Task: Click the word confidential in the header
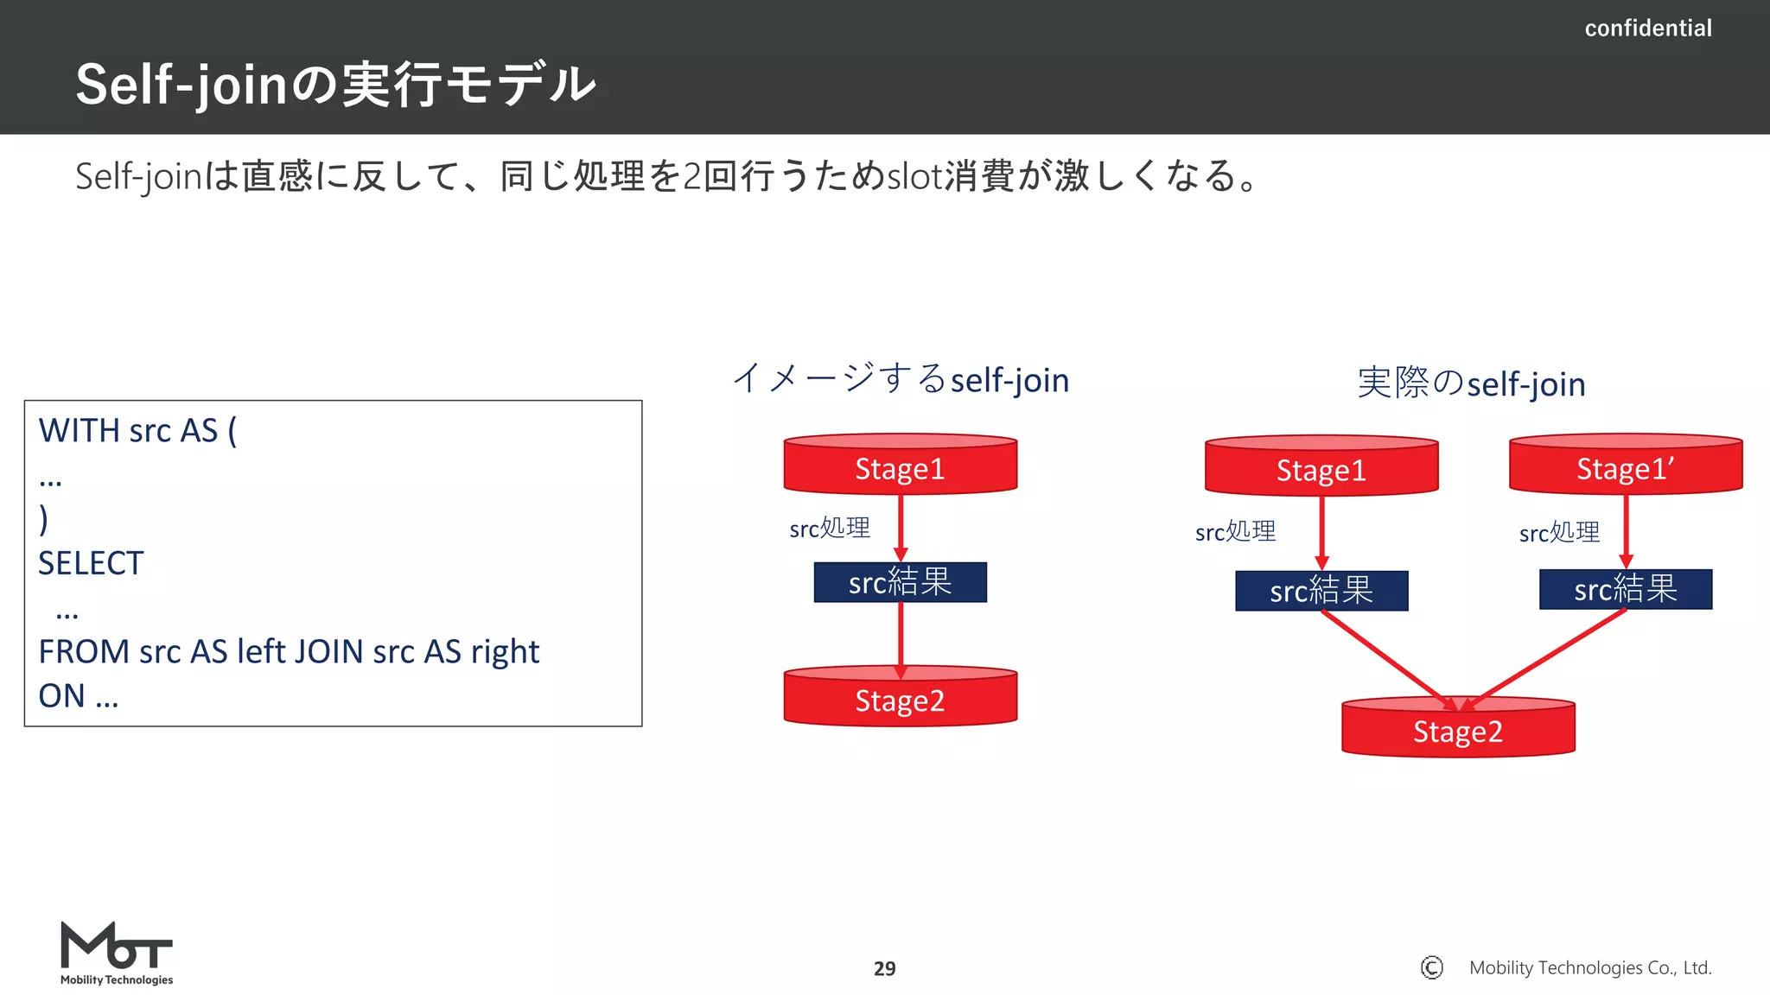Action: [1647, 29]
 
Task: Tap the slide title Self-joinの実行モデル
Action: [335, 85]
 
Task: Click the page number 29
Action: [884, 968]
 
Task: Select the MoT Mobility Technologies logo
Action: [117, 953]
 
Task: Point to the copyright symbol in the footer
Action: [1431, 967]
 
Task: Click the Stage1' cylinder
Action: [1625, 466]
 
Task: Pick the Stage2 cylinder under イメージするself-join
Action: [900, 698]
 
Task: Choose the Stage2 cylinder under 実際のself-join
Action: [1458, 730]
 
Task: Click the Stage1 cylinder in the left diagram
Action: [900, 466]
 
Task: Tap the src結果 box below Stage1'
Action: [1625, 589]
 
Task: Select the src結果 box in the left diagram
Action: [900, 582]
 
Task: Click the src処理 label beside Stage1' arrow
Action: [1559, 532]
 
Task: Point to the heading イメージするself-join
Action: [901, 379]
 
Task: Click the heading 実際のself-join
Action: [1471, 383]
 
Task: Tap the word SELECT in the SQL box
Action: [91, 563]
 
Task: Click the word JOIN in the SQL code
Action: [328, 651]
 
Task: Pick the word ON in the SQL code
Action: [61, 695]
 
